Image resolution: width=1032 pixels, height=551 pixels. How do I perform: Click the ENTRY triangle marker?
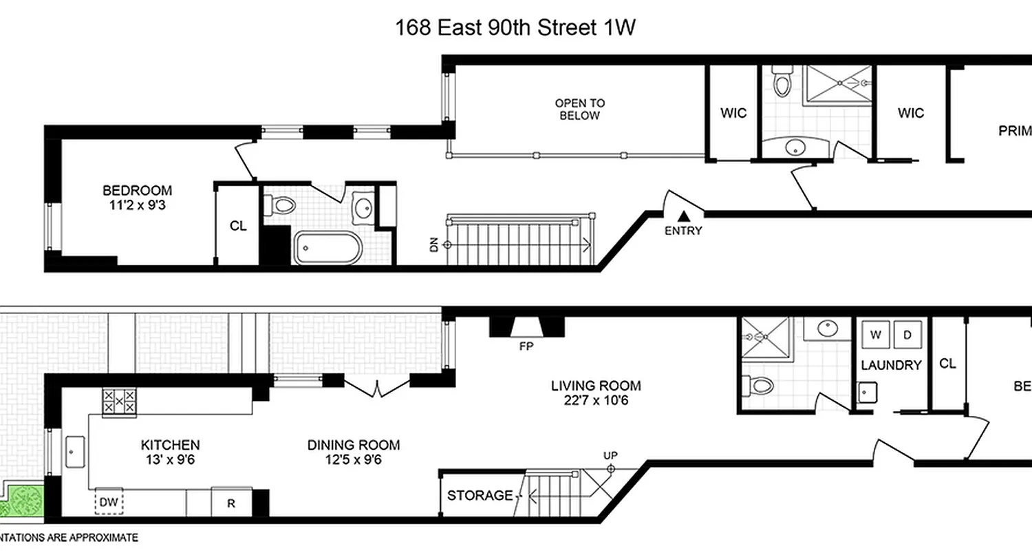[x=683, y=217]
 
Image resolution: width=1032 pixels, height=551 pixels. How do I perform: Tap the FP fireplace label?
[x=526, y=346]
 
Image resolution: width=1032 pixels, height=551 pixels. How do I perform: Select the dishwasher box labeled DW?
[x=109, y=503]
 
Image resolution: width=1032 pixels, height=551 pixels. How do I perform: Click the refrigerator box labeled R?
[x=232, y=503]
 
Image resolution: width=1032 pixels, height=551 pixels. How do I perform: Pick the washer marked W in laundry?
[x=875, y=335]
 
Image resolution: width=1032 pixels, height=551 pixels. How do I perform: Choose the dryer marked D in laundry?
[x=907, y=335]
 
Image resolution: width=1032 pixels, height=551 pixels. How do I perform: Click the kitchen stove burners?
[x=118, y=401]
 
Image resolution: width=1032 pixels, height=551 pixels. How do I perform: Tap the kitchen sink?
[x=74, y=450]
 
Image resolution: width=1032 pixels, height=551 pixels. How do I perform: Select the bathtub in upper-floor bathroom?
[x=327, y=248]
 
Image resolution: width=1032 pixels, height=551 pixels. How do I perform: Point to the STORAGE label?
[x=480, y=495]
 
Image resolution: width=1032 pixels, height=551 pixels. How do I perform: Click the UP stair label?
[x=610, y=455]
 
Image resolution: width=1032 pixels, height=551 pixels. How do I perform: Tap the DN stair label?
[x=434, y=245]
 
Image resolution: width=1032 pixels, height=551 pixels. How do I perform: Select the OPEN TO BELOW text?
[x=580, y=110]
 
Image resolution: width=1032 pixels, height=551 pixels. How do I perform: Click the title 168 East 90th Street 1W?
[x=515, y=28]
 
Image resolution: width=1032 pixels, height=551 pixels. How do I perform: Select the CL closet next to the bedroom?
[x=238, y=226]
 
